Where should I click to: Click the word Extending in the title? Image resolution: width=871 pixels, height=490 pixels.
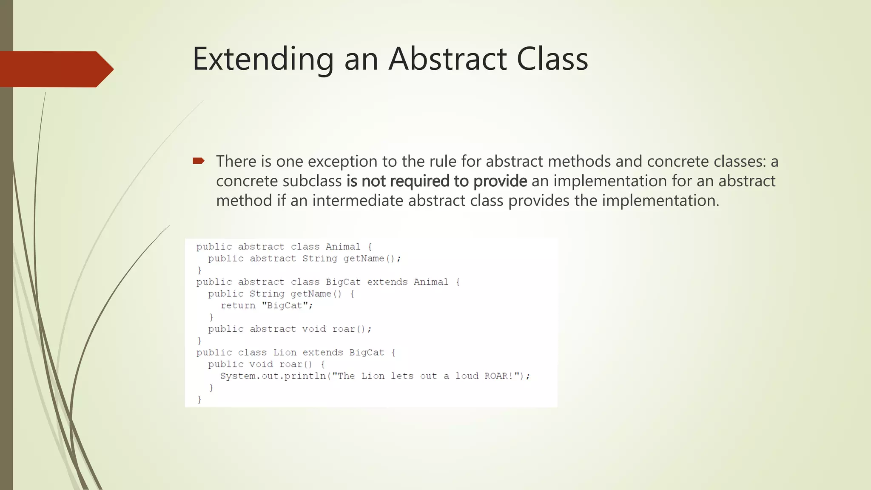263,59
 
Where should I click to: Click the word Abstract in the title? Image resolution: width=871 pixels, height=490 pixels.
447,59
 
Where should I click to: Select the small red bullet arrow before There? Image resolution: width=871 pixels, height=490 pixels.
199,161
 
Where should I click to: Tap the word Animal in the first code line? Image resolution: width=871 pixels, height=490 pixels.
343,247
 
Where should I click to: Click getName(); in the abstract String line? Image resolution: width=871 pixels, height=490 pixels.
372,259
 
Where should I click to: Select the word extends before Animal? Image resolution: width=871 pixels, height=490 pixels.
387,282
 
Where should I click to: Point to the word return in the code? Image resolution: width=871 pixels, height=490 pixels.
238,305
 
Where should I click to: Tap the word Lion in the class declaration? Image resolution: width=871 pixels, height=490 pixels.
285,353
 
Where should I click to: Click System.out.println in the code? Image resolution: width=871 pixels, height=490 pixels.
273,376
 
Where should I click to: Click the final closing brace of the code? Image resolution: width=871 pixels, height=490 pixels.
199,399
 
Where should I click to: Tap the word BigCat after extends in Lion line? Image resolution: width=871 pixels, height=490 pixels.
366,353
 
